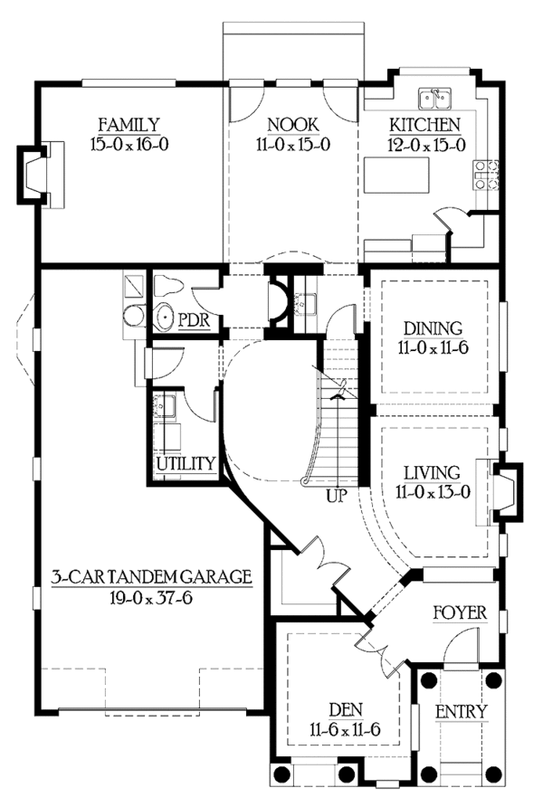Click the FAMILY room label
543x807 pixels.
[129, 125]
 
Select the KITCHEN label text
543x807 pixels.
[425, 125]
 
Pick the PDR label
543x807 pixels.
[195, 320]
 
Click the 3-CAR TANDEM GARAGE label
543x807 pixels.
[150, 576]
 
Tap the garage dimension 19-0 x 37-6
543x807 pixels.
[150, 596]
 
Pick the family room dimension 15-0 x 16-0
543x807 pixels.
[129, 143]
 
